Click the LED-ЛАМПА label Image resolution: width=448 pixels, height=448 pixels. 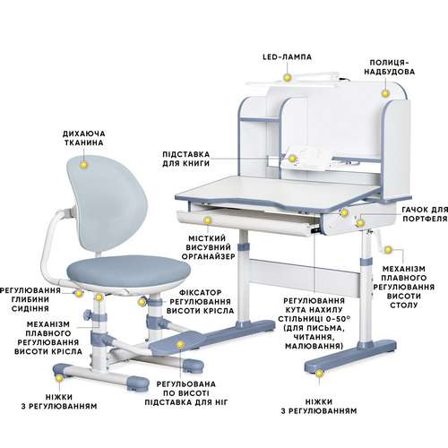click(x=287, y=56)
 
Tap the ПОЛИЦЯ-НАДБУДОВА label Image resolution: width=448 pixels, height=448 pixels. click(x=389, y=67)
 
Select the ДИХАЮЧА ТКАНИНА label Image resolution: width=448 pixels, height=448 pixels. click(x=84, y=138)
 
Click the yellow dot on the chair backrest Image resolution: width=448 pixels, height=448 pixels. click(x=84, y=164)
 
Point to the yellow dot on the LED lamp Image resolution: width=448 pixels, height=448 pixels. click(x=287, y=77)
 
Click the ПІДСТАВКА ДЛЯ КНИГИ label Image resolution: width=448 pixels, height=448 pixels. click(x=186, y=159)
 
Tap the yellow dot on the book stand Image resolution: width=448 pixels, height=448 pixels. click(x=292, y=159)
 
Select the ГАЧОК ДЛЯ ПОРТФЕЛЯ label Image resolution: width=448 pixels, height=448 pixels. click(x=425, y=214)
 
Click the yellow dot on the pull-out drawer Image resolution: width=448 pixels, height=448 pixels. click(x=207, y=220)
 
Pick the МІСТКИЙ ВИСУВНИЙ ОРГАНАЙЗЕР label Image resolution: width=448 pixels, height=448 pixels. click(x=208, y=247)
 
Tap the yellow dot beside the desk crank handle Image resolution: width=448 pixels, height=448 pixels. click(x=388, y=250)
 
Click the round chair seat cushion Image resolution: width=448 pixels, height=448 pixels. click(x=128, y=271)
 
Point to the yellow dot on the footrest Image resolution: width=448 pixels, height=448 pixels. click(x=180, y=345)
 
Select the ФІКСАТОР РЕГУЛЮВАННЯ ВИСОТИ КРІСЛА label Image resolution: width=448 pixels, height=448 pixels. click(x=200, y=302)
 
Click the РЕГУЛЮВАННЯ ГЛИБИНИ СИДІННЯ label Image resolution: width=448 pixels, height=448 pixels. click(x=30, y=299)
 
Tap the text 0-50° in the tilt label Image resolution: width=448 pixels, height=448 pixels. click(x=340, y=319)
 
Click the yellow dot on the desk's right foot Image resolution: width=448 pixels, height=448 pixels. click(x=320, y=374)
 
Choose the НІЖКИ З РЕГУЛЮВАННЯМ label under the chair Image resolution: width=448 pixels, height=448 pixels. click(x=59, y=401)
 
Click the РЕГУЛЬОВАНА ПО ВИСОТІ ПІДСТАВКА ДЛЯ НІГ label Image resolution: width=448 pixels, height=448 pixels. click(x=186, y=393)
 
